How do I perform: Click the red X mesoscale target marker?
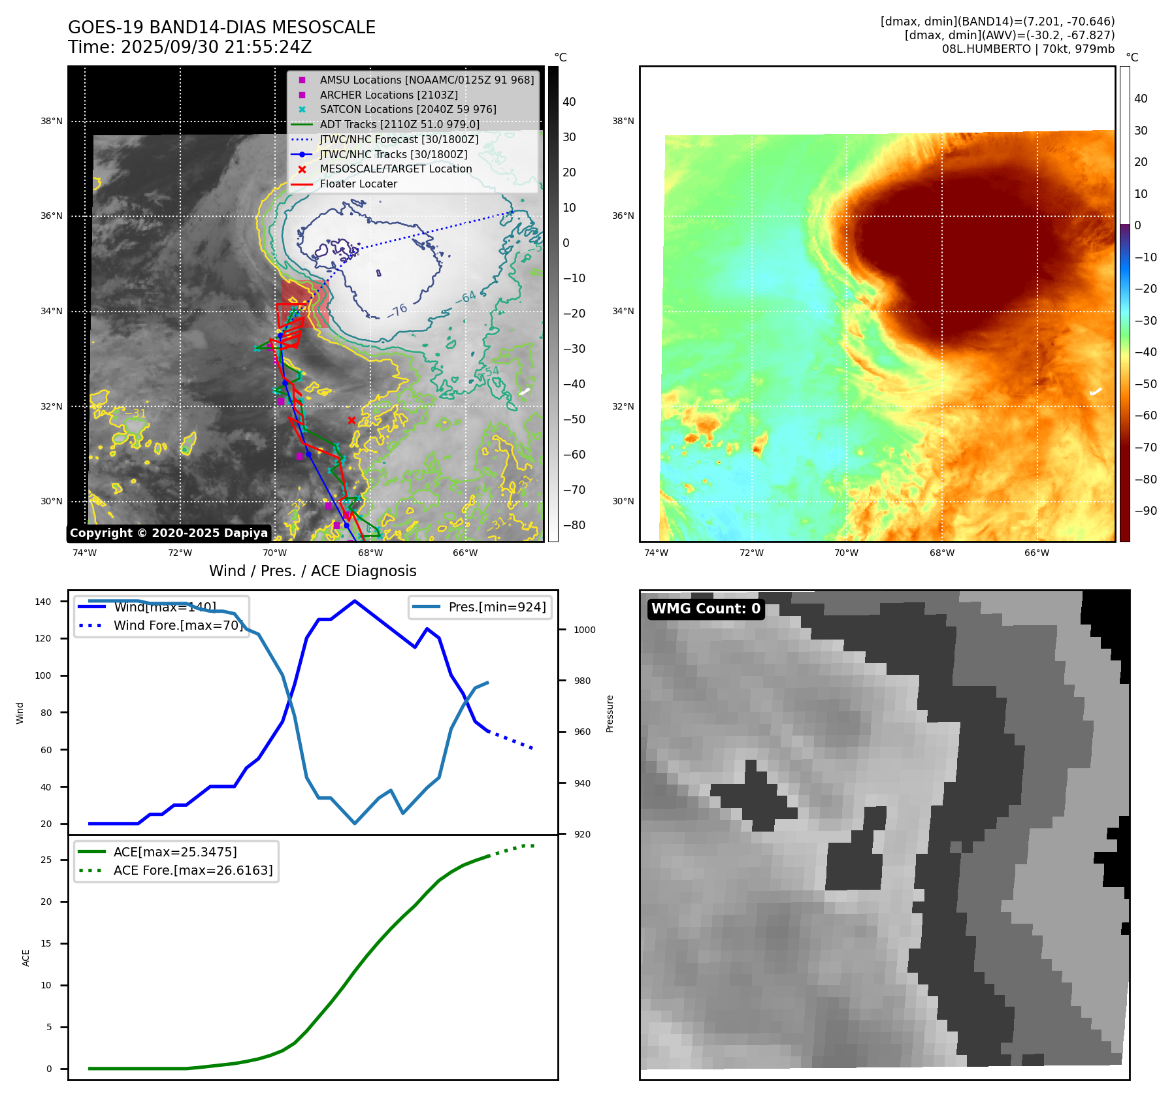click(x=351, y=420)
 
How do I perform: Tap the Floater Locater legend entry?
click(x=358, y=184)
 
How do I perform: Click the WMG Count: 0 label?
click(x=706, y=609)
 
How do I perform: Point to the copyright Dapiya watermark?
click(x=169, y=533)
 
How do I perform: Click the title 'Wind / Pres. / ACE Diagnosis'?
click(x=312, y=571)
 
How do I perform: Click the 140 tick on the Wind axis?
click(x=43, y=602)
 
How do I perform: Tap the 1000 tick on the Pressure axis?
click(x=584, y=630)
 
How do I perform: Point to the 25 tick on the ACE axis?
click(x=46, y=860)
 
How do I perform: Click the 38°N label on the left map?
click(x=52, y=121)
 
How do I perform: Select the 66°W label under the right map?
click(x=1037, y=553)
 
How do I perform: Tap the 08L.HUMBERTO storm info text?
click(x=1028, y=49)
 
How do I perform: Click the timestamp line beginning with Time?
click(x=189, y=47)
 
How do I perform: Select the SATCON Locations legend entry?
click(x=408, y=110)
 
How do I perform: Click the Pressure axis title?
click(x=610, y=713)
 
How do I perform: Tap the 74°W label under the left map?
click(x=84, y=553)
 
